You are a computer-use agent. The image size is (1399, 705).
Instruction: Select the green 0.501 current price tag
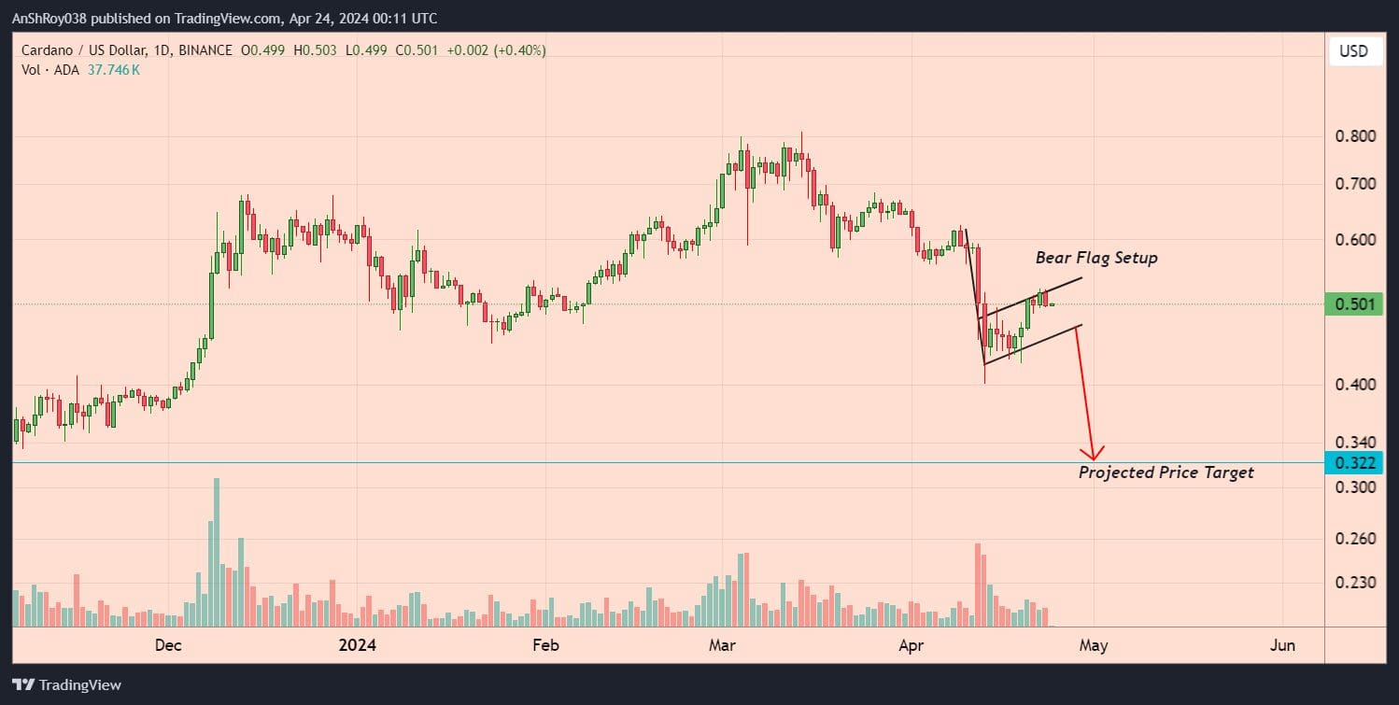pos(1352,304)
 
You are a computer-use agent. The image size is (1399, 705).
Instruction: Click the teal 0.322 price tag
pos(1352,463)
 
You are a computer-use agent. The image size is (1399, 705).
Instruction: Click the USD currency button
pos(1353,51)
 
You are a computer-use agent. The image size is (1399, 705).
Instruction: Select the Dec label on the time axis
pos(168,645)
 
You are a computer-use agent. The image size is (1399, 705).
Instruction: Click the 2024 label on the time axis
pos(357,645)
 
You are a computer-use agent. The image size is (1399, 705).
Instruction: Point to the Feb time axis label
pos(544,645)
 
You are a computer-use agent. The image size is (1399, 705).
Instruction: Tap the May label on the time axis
pos(1094,645)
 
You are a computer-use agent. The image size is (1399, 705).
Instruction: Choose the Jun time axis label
pos(1283,645)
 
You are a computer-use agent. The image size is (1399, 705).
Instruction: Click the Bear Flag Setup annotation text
pos(1095,258)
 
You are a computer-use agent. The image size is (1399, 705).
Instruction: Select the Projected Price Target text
pos(1166,472)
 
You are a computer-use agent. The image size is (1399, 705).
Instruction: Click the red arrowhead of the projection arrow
pos(1092,453)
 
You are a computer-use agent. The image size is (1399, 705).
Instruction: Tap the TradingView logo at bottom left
pos(66,684)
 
